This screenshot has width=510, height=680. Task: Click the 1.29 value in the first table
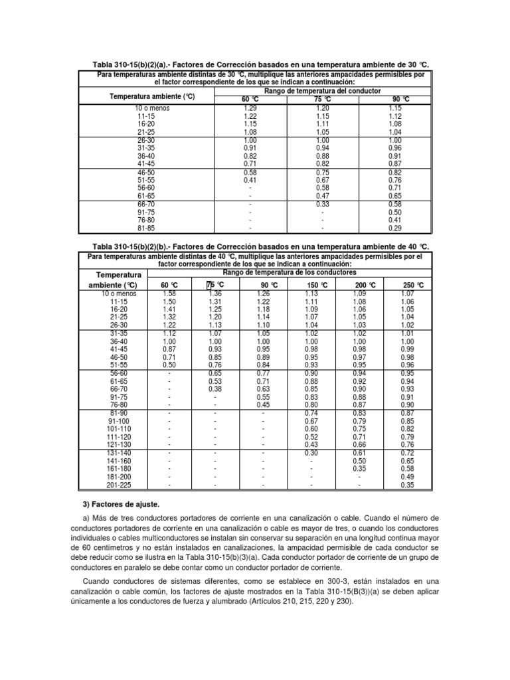pos(250,108)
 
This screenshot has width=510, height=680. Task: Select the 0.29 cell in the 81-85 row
pos(394,228)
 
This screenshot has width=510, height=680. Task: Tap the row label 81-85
pos(144,228)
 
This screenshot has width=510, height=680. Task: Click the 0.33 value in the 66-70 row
pos(323,205)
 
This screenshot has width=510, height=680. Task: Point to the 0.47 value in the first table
pos(323,197)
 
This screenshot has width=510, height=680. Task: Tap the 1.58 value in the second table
pos(169,293)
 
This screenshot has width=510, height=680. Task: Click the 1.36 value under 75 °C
pos(215,293)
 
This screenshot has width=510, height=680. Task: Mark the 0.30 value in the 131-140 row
pos(311,452)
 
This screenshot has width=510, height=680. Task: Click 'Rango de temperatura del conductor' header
pos(322,90)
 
